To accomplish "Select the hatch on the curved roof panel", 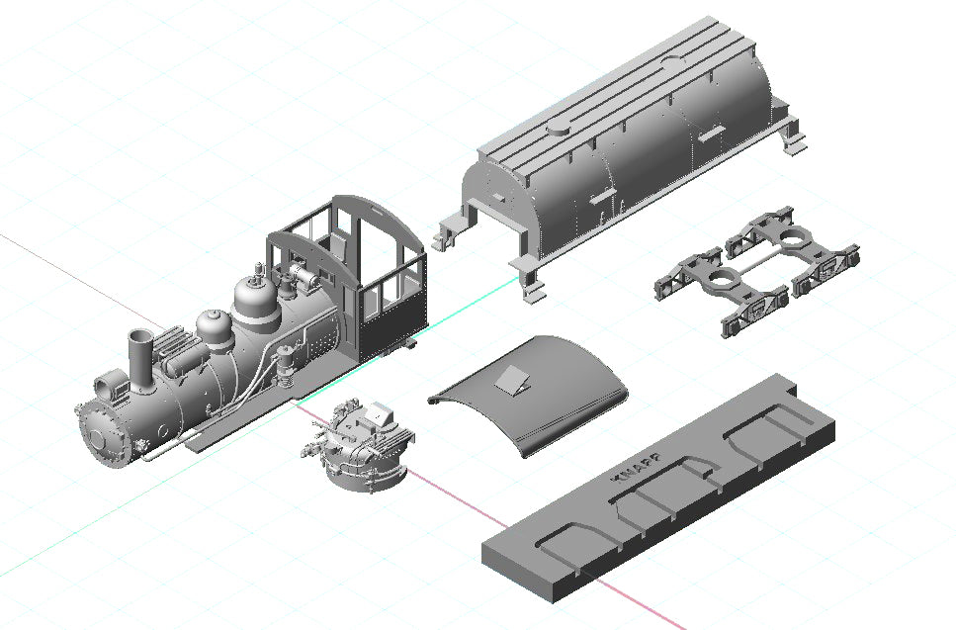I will tap(511, 376).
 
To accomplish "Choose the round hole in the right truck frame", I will tap(795, 237).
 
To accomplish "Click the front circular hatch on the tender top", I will tap(559, 129).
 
